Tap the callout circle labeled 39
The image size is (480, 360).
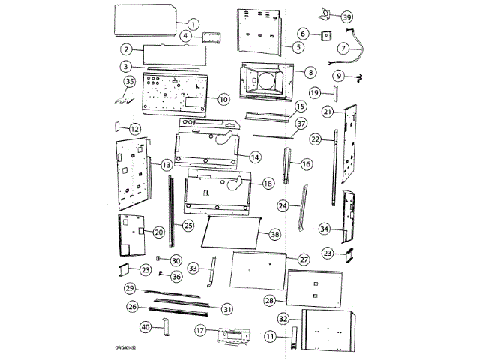pos(346,16)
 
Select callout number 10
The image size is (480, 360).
pos(223,99)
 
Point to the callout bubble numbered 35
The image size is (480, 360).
pos(128,81)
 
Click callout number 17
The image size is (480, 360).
pos(200,329)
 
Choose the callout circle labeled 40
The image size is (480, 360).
pos(146,327)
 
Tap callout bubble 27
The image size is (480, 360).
pos(304,259)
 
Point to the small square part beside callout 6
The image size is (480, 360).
pos(326,34)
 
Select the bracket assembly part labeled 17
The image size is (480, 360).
pos(232,335)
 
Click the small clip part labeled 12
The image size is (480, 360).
pos(118,128)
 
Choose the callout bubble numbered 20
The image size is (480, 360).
pos(158,232)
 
